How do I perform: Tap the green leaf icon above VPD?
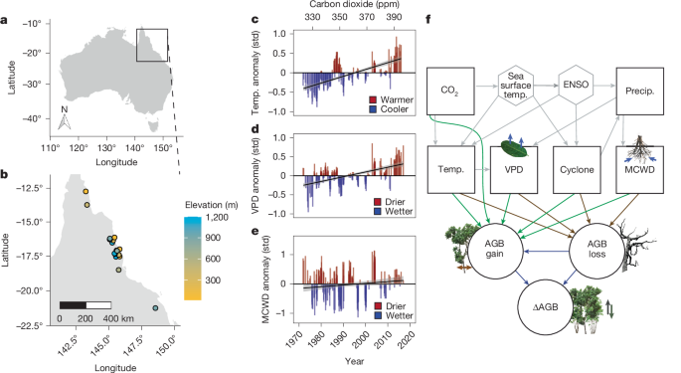[x=512, y=149]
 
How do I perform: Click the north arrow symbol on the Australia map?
[x=61, y=119]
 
